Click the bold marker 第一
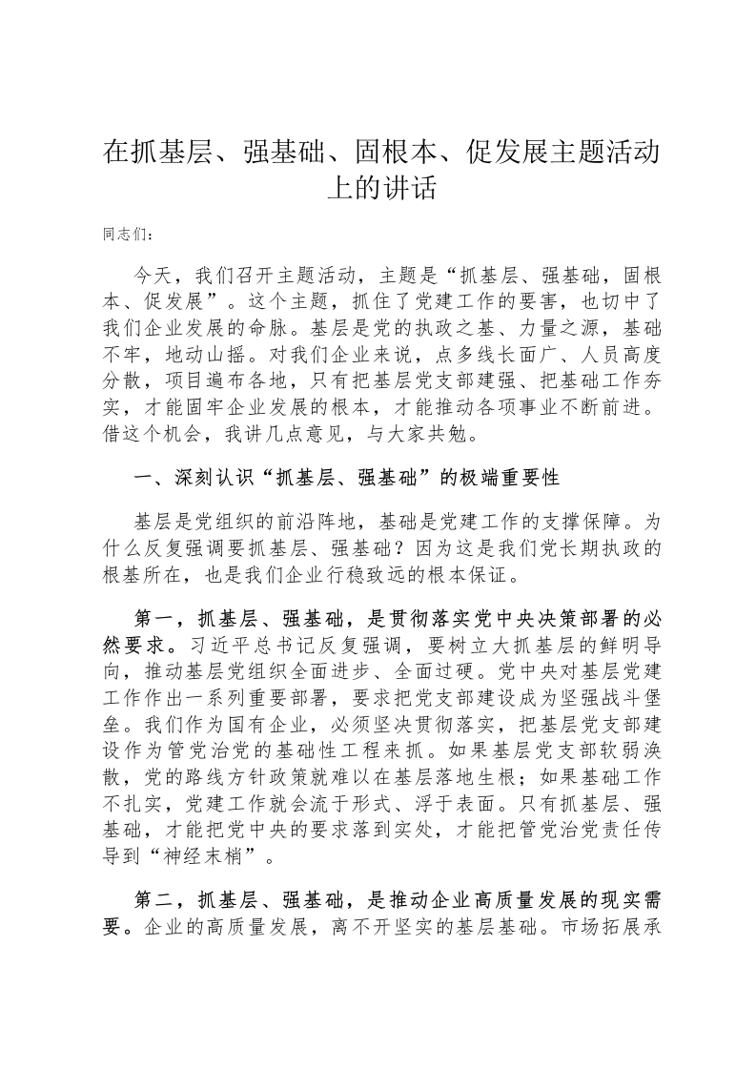154,617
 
